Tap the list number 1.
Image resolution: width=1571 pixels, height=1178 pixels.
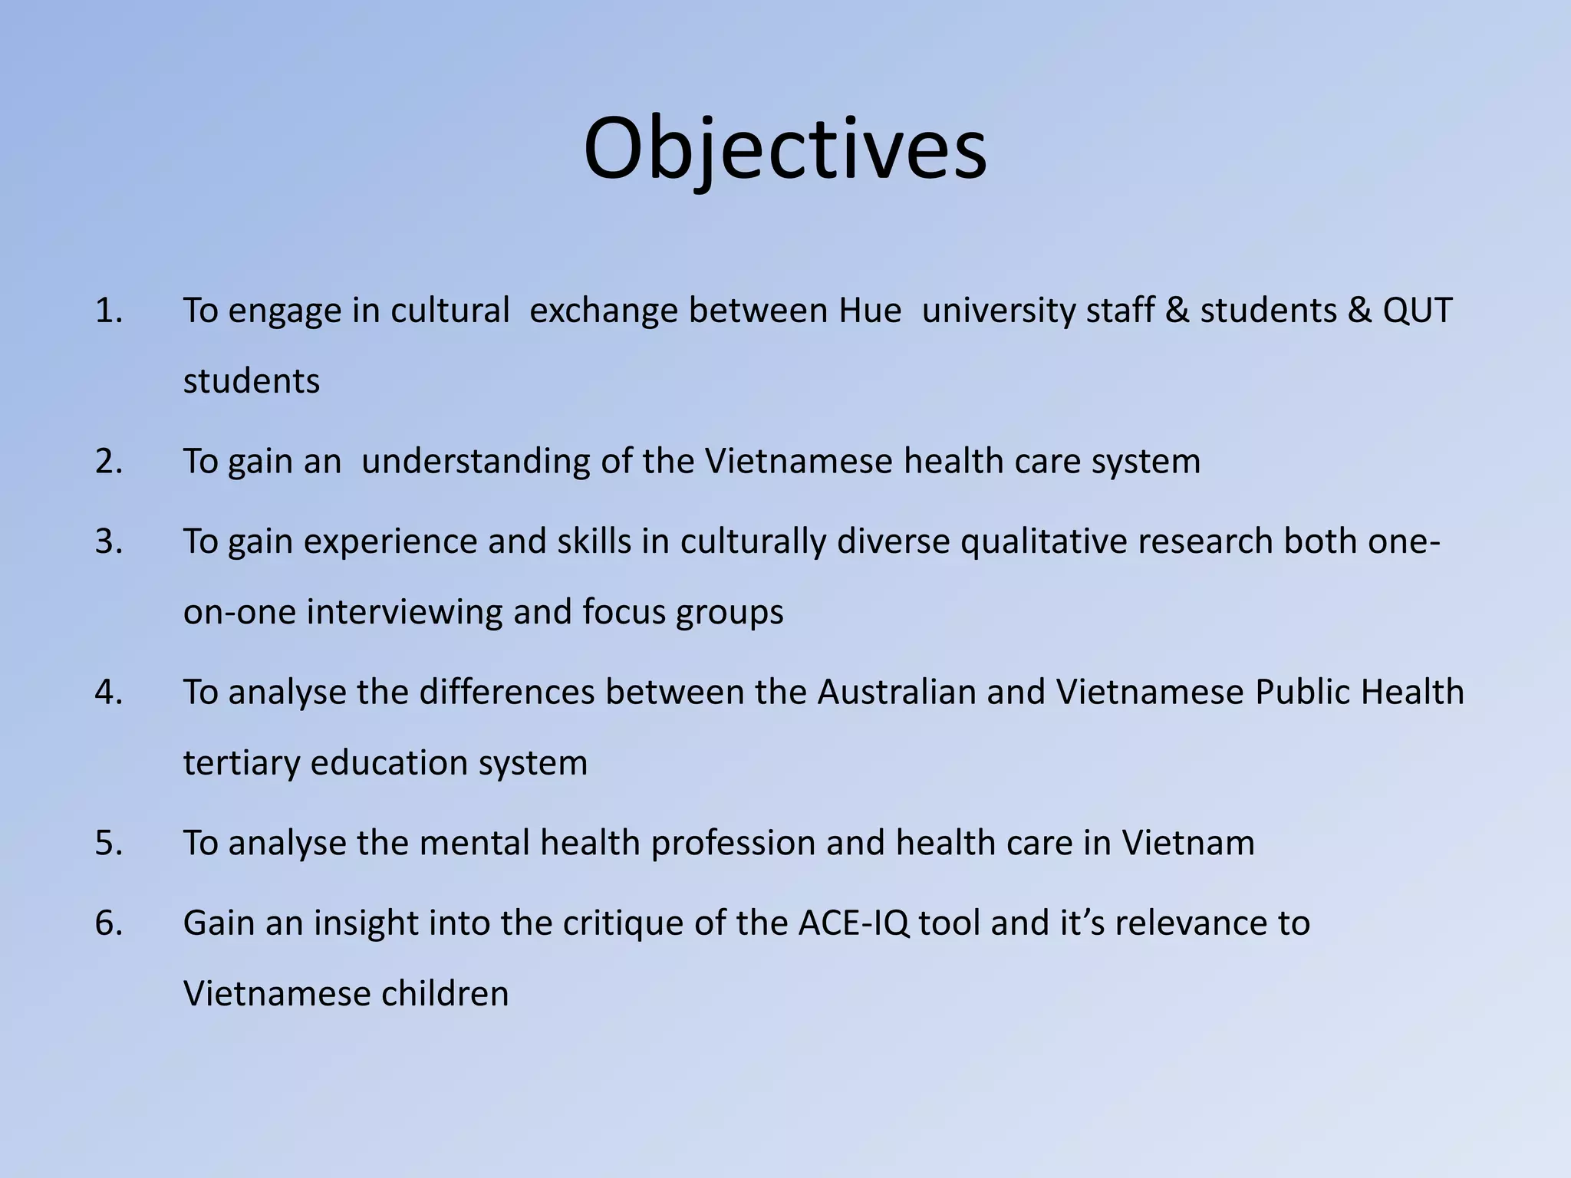(108, 311)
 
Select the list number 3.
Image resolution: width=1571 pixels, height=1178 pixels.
(108, 541)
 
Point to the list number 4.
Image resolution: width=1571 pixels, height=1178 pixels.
(108, 693)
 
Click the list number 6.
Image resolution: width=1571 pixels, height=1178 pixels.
(108, 923)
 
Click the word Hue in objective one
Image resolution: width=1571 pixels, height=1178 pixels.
(869, 311)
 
